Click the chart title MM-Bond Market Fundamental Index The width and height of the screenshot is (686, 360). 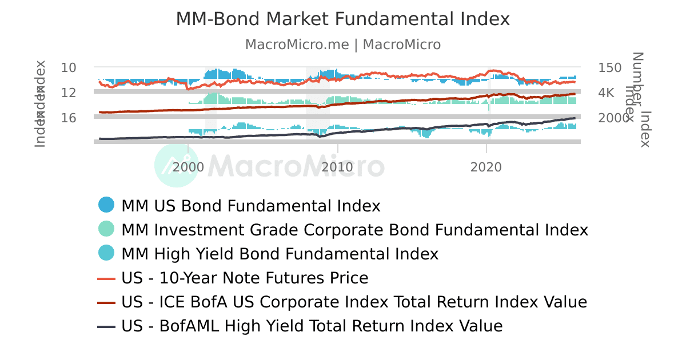click(x=342, y=19)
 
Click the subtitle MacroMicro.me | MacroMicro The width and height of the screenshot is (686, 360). click(x=342, y=45)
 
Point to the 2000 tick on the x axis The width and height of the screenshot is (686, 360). click(x=188, y=167)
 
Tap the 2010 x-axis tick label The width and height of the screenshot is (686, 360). click(x=337, y=167)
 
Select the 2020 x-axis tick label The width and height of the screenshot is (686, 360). click(x=486, y=167)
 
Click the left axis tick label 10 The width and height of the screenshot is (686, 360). click(x=69, y=67)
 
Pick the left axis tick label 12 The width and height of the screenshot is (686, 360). click(x=69, y=93)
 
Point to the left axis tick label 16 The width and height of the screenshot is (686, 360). click(x=69, y=118)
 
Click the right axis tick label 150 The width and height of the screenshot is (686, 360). click(x=610, y=67)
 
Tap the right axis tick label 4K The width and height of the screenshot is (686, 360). click(x=606, y=93)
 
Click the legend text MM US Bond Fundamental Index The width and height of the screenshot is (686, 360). click(x=251, y=206)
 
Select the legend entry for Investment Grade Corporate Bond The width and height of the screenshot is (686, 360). click(x=354, y=230)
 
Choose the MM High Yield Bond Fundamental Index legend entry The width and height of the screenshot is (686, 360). click(x=280, y=254)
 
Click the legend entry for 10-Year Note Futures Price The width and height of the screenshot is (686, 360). click(x=245, y=278)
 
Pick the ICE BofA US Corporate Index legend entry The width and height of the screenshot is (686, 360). click(x=354, y=302)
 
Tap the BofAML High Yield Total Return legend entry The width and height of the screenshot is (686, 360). click(x=312, y=326)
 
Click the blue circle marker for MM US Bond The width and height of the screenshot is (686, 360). click(x=106, y=205)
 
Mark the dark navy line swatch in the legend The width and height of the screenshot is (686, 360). click(x=106, y=327)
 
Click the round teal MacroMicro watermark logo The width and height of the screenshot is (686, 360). click(x=177, y=166)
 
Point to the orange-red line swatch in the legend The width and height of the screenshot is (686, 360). click(x=106, y=279)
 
